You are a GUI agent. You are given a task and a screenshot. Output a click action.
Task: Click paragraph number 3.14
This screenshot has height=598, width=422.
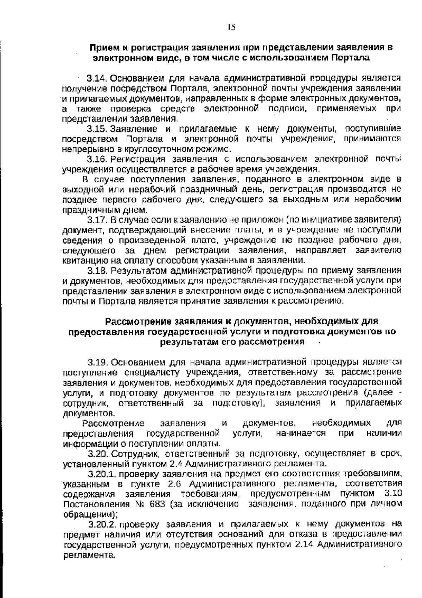97,77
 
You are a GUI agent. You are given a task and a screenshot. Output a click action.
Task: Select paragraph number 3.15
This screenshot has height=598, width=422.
97,129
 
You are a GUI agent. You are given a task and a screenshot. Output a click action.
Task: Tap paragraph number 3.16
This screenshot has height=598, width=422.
97,159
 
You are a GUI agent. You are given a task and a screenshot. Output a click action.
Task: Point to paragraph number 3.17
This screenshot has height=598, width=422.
97,220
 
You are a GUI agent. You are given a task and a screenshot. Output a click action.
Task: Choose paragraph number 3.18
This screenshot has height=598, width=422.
97,271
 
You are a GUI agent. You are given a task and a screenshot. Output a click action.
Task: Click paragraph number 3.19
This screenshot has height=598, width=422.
98,362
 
